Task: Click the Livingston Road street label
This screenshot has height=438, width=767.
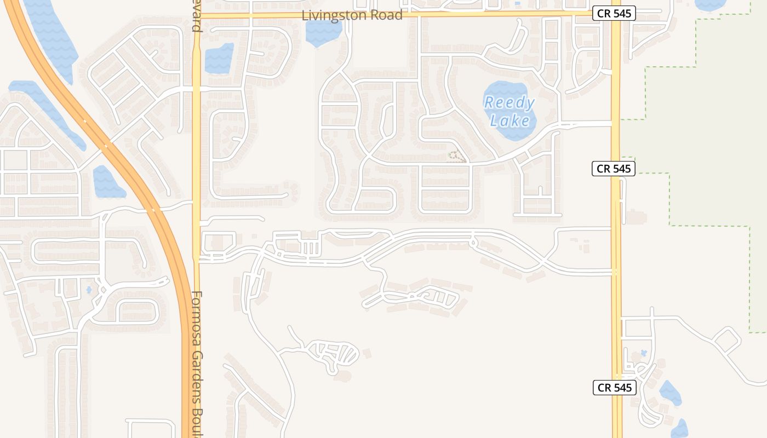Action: [x=352, y=15]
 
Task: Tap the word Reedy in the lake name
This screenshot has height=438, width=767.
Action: [x=509, y=102]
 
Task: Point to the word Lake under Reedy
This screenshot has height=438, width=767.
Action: [x=510, y=120]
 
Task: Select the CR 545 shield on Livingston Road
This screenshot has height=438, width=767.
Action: [x=614, y=14]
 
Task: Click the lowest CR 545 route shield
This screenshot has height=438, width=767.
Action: [x=614, y=388]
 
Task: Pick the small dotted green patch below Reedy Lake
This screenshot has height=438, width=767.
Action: [x=456, y=157]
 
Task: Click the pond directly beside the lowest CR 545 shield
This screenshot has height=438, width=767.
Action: [x=669, y=393]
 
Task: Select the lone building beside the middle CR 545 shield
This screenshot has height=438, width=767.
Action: [x=635, y=217]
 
